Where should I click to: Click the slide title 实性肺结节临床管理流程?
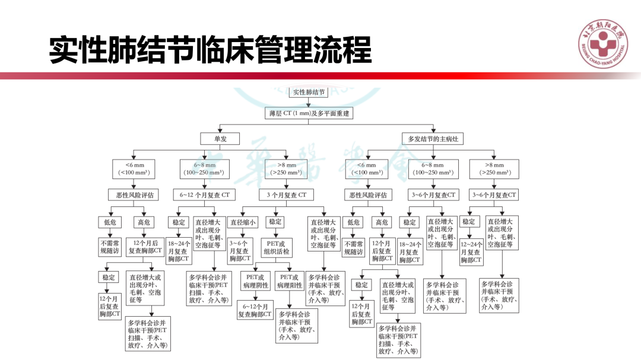click(210, 50)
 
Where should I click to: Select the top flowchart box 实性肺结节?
click(309, 92)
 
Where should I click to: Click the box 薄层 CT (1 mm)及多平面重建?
click(309, 113)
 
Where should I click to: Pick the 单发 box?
click(220, 139)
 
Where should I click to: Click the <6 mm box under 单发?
click(134, 169)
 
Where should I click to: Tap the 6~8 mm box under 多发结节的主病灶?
click(433, 169)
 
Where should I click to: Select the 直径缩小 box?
click(243, 222)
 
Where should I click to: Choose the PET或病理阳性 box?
click(291, 281)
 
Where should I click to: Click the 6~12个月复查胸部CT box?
click(255, 310)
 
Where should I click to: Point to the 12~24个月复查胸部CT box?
click(471, 252)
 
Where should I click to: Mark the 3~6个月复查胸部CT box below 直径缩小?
click(240, 251)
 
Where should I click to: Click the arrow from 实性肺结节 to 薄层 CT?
click(309, 102)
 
